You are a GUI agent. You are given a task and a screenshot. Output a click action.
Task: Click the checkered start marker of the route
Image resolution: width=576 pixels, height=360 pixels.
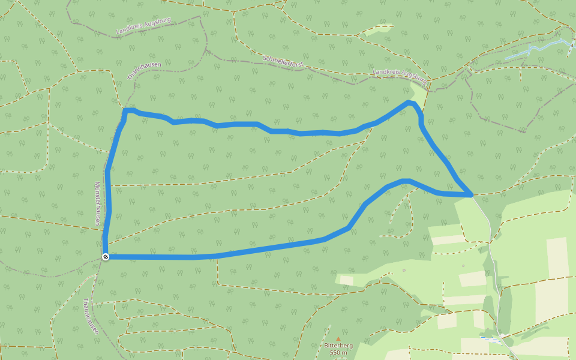point(106,257)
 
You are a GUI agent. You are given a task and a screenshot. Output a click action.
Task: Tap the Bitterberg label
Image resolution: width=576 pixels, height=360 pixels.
point(338,346)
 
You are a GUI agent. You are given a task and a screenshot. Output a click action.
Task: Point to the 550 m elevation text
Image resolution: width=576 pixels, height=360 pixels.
point(338,353)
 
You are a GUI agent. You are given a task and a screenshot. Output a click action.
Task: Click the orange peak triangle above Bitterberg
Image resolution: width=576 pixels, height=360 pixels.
point(338,338)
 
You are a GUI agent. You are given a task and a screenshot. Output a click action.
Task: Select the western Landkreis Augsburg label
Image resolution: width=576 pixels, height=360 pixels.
point(143,25)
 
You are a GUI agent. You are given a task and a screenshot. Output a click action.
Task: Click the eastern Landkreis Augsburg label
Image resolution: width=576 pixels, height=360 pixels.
point(399,74)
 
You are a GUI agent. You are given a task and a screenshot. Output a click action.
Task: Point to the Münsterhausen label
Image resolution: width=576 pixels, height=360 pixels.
point(97,204)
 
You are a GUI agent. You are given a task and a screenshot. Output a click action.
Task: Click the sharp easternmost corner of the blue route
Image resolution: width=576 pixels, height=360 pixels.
point(472,194)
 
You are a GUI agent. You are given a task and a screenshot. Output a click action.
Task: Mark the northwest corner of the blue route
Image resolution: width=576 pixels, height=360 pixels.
point(125,111)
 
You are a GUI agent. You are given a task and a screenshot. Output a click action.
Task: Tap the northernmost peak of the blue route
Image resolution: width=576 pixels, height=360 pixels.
point(410,103)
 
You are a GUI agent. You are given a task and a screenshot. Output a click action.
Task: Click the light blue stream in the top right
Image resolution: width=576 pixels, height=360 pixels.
point(537,49)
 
